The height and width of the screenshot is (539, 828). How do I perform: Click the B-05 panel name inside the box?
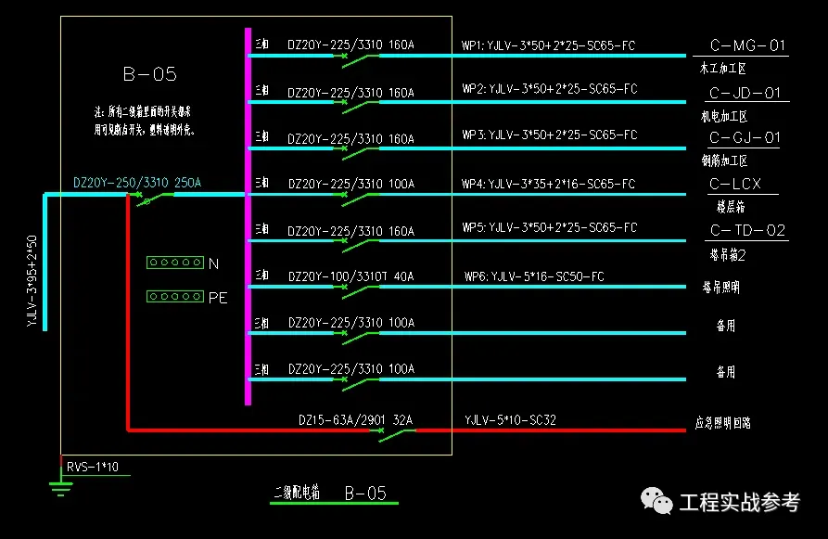pos(149,74)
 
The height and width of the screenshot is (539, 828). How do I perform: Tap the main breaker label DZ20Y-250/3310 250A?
pos(137,183)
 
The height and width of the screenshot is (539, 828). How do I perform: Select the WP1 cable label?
pos(548,45)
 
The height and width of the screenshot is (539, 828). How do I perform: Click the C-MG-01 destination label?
pos(746,45)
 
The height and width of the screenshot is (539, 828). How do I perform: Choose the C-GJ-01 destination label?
pos(745,138)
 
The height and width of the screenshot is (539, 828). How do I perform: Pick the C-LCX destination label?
pos(734,184)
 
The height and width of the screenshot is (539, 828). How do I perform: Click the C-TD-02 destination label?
pos(746,230)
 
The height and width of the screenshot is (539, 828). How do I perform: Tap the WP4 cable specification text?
pos(548,184)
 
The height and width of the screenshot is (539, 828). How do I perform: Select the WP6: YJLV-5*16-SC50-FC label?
pos(534,276)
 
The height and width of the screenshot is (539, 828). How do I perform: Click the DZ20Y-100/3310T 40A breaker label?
pos(350,276)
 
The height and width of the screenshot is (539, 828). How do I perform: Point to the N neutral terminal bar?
pos(174,263)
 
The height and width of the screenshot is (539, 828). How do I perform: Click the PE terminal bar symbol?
pos(174,297)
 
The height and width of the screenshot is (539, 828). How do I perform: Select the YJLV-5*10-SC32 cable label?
pos(510,420)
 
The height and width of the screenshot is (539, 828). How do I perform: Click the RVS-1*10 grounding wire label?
pos(92,467)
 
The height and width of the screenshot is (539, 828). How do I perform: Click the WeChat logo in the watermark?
pos(659,502)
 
